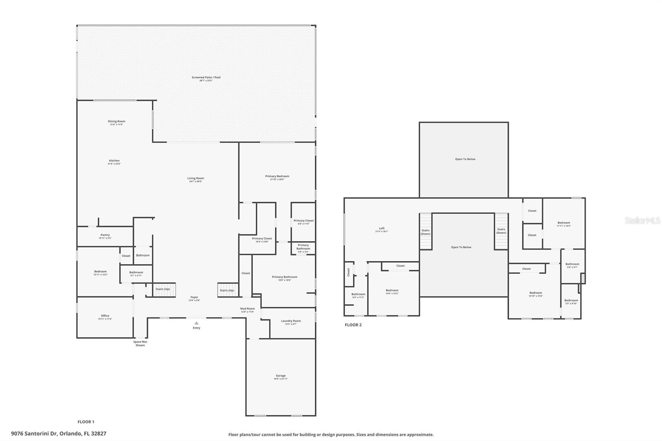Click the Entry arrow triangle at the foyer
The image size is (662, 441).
(196, 323)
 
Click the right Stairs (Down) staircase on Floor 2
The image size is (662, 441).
(501, 231)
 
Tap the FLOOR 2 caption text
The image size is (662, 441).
(353, 325)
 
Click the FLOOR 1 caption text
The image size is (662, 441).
(86, 422)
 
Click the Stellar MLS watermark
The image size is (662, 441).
(642, 220)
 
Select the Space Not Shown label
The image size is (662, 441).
(140, 343)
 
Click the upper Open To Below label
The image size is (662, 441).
(465, 159)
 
